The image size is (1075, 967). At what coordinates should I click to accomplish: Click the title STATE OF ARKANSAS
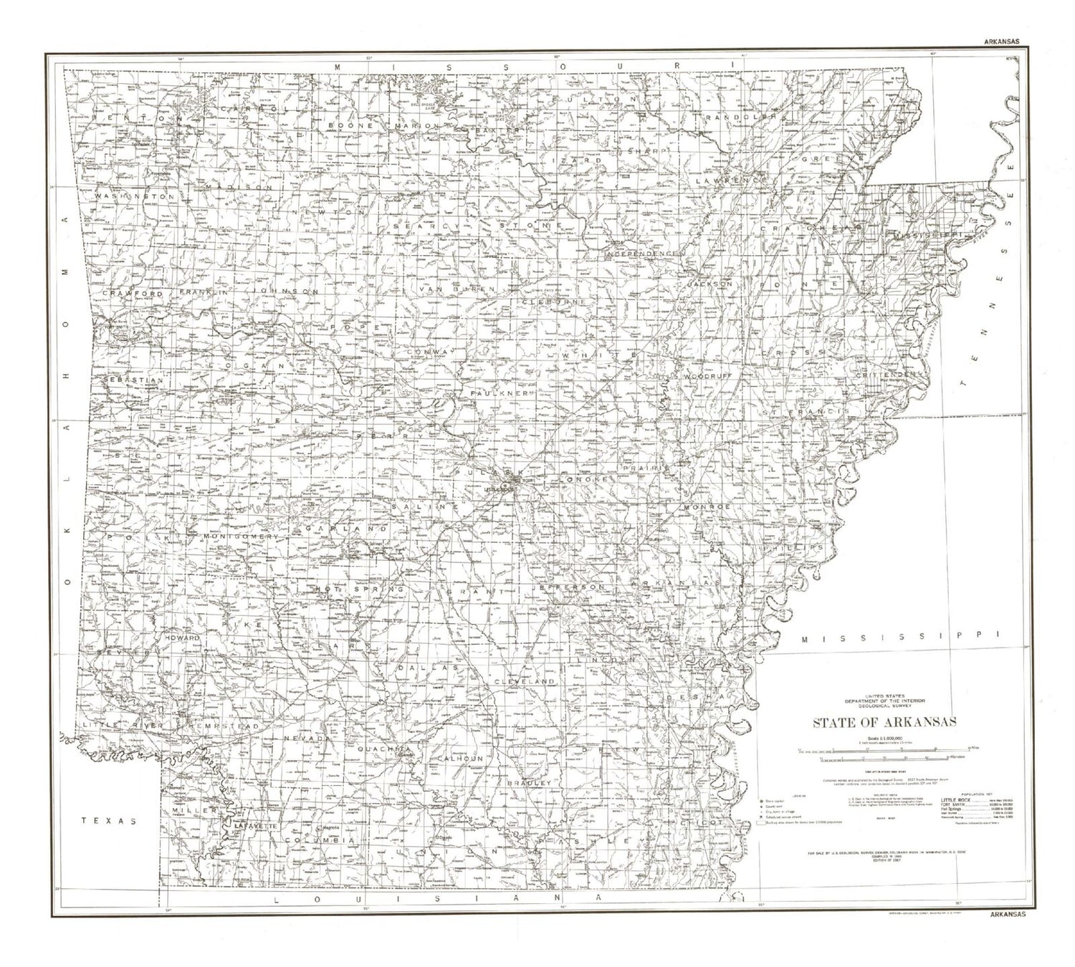point(884,722)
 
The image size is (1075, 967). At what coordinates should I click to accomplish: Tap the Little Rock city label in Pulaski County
point(500,489)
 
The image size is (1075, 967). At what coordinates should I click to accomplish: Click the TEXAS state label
point(108,821)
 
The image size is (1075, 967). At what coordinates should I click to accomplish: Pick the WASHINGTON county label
point(135,196)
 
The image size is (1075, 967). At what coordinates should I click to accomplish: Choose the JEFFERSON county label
point(568,587)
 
